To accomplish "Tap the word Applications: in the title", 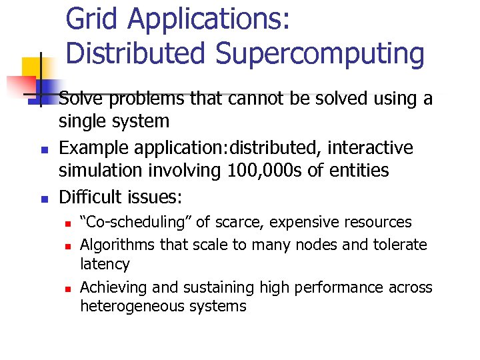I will click(209, 20).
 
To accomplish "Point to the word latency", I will click(105, 264).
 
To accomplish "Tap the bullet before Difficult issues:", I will click(41, 199).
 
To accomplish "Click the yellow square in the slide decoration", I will click(33, 68).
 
